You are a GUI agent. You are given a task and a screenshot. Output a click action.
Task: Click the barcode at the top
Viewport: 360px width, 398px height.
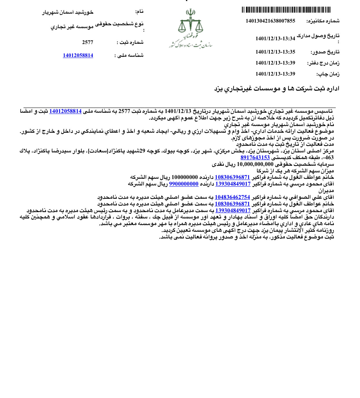click(x=286, y=10)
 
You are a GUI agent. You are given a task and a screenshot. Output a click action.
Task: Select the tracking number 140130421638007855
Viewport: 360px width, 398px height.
click(x=270, y=21)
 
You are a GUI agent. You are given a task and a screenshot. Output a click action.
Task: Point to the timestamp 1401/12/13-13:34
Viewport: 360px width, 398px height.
click(x=275, y=39)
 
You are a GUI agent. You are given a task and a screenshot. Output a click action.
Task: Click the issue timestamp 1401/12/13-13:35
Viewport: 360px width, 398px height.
click(x=275, y=52)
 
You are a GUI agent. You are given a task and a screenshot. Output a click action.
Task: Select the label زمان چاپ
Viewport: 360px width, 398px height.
click(x=328, y=74)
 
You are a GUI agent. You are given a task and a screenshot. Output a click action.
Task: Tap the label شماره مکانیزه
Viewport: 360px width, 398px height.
click(x=323, y=21)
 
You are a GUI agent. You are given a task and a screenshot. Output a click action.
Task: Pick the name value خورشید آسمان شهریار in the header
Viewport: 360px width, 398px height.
click(x=68, y=12)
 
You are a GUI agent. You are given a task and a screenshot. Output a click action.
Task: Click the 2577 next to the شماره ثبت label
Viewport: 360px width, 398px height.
click(x=88, y=42)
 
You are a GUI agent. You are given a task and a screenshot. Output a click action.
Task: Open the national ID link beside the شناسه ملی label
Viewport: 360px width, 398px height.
click(x=78, y=55)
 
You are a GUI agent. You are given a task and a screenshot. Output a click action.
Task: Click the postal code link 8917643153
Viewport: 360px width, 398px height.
click(x=255, y=158)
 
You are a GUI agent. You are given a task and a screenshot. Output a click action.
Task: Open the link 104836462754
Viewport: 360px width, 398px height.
click(x=232, y=197)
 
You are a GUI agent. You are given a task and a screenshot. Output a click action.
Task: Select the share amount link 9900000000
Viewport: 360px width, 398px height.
click(x=184, y=184)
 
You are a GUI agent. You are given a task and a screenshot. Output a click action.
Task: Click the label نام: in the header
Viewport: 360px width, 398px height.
click(x=139, y=12)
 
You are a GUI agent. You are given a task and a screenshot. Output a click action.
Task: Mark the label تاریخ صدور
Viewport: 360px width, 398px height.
click(x=325, y=52)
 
